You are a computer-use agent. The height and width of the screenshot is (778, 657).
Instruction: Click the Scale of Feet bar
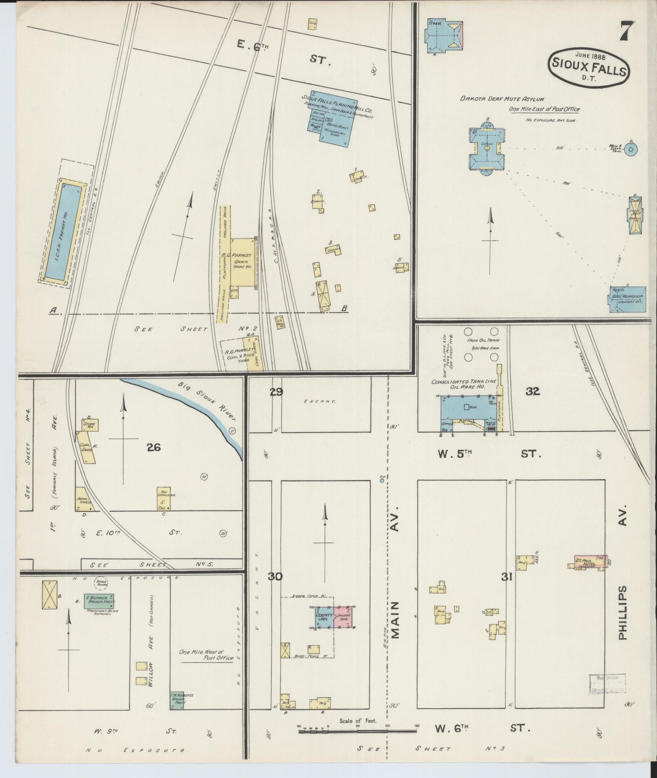click(358, 731)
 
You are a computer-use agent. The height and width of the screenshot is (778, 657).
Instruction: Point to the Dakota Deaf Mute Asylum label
click(502, 99)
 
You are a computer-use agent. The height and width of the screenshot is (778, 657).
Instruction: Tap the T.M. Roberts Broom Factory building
click(177, 700)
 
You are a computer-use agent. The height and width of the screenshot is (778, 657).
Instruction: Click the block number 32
click(533, 391)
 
